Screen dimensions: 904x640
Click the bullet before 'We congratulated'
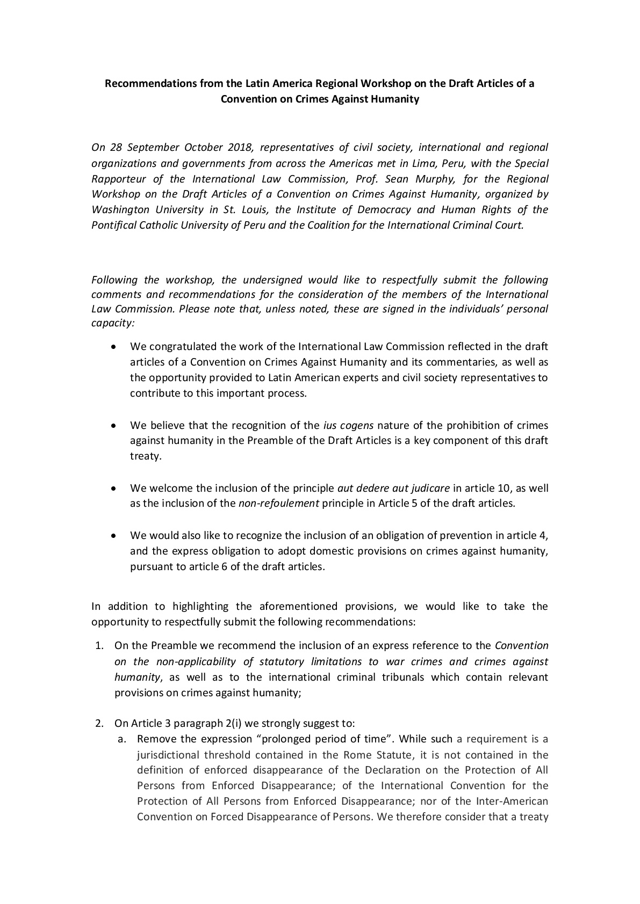[x=113, y=347]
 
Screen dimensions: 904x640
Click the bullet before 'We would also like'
[x=113, y=536]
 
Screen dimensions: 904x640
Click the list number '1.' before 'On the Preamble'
[x=99, y=646]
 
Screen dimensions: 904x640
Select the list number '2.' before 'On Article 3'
[x=99, y=723]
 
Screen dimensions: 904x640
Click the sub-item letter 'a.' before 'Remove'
[x=122, y=739]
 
